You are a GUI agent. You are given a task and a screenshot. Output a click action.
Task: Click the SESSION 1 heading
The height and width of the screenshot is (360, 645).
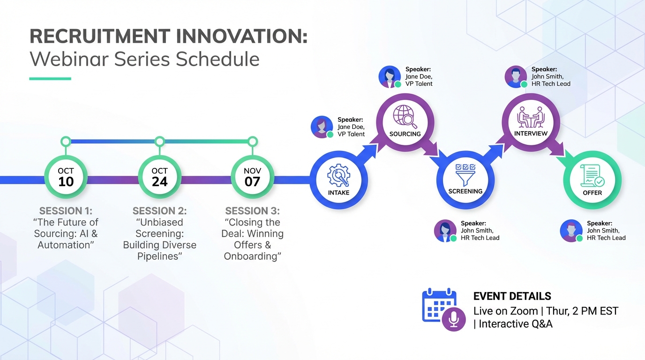66,211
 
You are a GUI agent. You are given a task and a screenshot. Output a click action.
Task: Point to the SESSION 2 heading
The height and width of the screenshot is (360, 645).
159,211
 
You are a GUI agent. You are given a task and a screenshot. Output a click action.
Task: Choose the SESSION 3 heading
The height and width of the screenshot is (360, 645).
252,211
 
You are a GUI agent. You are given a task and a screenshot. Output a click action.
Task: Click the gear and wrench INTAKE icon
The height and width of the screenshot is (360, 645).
338,176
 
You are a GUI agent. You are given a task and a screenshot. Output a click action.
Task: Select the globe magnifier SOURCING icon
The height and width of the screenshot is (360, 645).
405,117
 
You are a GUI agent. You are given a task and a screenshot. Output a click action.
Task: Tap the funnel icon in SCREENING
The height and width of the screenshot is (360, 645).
465,175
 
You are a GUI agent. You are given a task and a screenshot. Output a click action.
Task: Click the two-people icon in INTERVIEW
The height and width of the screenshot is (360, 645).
531,117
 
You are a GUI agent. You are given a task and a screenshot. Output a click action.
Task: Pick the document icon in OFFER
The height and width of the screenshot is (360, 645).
592,176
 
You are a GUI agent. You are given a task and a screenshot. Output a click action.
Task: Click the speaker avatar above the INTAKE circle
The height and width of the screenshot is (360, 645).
322,127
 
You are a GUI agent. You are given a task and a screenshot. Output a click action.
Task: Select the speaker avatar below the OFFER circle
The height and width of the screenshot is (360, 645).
571,231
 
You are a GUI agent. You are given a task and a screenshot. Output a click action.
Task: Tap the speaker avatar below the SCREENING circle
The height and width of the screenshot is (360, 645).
445,231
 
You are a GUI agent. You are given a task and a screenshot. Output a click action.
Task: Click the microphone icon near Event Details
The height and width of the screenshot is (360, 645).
453,319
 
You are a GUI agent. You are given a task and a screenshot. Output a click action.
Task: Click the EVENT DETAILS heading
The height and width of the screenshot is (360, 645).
512,296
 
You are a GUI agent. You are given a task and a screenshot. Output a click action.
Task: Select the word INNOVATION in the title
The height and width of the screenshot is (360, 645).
240,37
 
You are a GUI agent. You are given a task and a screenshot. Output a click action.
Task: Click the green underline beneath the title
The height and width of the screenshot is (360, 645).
50,79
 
